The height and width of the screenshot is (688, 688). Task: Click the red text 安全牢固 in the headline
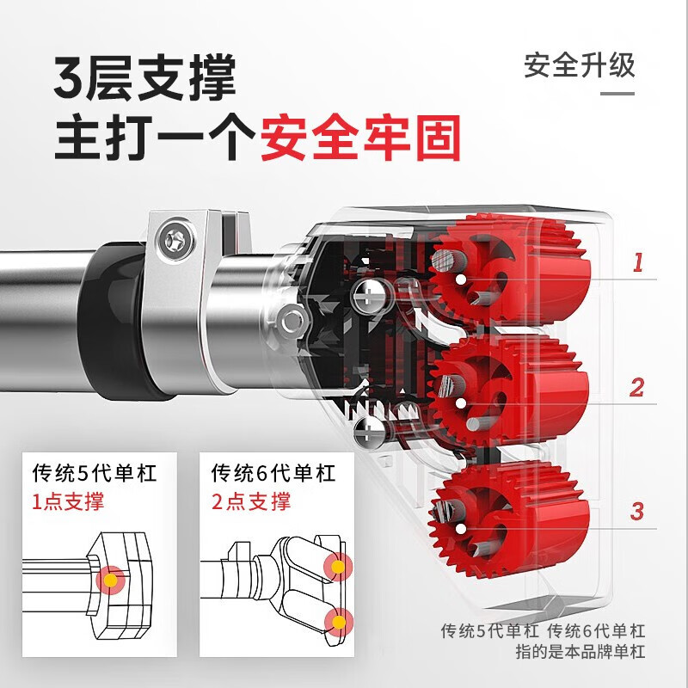click(360, 136)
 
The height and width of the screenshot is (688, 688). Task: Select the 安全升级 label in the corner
click(580, 66)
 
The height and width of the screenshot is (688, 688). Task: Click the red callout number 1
click(637, 262)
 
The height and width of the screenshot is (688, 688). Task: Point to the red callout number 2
click(636, 387)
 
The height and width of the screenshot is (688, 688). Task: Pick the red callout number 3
click(636, 510)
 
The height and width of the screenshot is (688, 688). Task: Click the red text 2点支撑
click(250, 501)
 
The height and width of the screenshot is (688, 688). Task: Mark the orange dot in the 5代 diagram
click(111, 580)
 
